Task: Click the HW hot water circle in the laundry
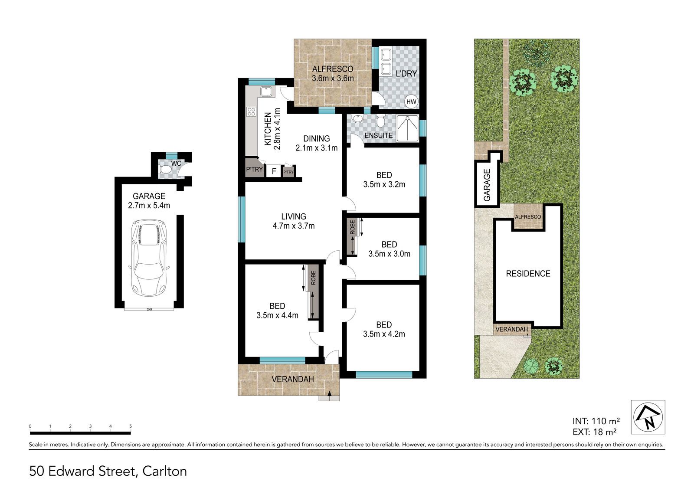coord(411,101)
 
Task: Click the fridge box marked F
coord(274,171)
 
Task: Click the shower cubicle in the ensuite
coord(408,128)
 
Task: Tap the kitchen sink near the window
coord(266,92)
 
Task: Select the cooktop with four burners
coord(251,112)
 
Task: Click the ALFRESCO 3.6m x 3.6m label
coord(333,74)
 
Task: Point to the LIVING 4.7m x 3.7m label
coord(293,221)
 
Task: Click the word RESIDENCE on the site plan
coord(528,274)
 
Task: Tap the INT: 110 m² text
coord(596,421)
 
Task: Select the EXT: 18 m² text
coord(594,432)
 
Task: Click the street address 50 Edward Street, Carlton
coord(108,471)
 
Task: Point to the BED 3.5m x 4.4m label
coord(277,311)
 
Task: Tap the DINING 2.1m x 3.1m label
coord(316,143)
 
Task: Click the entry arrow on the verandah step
coord(329,394)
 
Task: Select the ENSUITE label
coord(378,135)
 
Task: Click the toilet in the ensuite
coord(380,121)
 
